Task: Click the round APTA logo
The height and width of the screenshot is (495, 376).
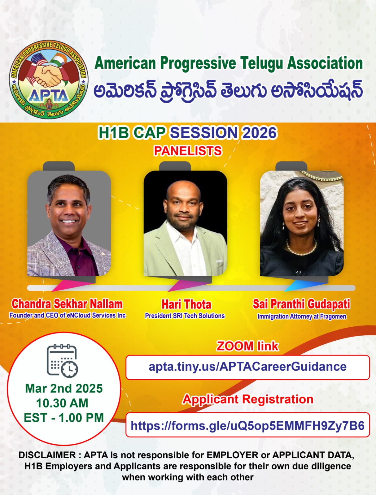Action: [x=49, y=80]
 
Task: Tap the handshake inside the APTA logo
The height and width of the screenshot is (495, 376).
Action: [x=48, y=75]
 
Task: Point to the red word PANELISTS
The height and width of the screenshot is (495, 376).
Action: [x=188, y=151]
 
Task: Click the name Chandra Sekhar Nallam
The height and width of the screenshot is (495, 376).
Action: [x=67, y=304]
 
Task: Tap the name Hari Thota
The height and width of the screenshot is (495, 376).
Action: [x=186, y=304]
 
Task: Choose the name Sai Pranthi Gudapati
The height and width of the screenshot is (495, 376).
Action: [x=302, y=304]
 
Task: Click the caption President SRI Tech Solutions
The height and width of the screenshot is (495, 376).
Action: [x=185, y=316]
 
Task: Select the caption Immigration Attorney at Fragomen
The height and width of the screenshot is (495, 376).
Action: [x=302, y=316]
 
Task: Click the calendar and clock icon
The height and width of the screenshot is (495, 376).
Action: [x=62, y=361]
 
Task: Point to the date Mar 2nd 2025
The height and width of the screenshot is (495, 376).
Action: [x=64, y=388]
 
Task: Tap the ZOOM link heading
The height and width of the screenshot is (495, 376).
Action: [x=247, y=346]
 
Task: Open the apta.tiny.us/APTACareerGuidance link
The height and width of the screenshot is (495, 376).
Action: [x=247, y=367]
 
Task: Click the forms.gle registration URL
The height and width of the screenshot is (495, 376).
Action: [x=247, y=426]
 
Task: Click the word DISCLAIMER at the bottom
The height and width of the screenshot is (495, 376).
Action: [x=47, y=455]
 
